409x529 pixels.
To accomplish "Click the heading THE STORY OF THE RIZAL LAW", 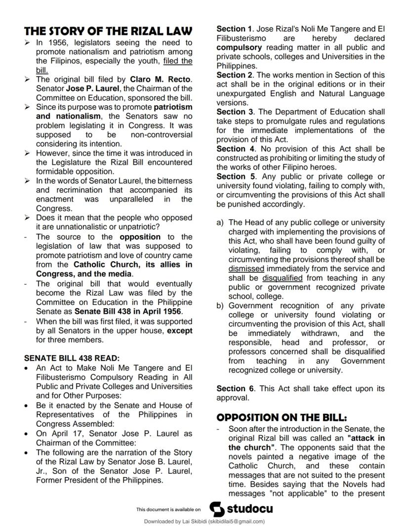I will pos(108,32).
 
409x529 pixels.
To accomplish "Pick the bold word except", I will pos(179,330).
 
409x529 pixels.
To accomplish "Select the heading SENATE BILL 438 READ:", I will pos(72,359).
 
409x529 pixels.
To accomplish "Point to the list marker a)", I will pos(220,223).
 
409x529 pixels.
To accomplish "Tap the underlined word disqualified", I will pos(282,278).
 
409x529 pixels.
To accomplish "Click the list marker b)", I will pos(220,306).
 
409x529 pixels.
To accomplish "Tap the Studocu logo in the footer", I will pos(241,508).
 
